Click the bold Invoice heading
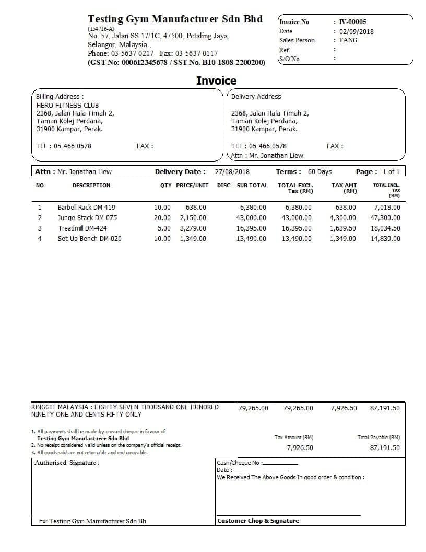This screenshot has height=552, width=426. click(216, 80)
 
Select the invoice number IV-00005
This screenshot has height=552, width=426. click(352, 22)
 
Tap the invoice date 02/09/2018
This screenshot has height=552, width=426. click(356, 31)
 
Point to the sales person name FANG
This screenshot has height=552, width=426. click(348, 40)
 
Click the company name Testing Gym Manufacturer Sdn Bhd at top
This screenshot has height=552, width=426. click(175, 19)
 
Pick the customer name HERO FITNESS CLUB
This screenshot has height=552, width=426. click(67, 105)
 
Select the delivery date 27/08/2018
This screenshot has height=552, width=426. click(232, 171)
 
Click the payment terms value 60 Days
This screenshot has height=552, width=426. click(319, 171)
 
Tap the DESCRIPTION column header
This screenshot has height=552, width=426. click(91, 186)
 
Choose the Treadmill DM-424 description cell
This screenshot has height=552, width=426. click(82, 228)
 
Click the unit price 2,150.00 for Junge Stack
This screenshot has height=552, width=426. click(193, 218)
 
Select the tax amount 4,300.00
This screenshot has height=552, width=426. click(342, 218)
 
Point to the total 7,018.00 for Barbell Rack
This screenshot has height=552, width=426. click(387, 208)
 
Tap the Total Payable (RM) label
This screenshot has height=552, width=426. click(378, 437)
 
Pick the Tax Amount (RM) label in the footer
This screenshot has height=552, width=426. click(294, 437)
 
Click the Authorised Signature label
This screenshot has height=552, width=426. click(66, 463)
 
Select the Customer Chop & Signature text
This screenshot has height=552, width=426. click(258, 521)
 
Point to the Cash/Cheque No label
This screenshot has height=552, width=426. click(239, 463)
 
